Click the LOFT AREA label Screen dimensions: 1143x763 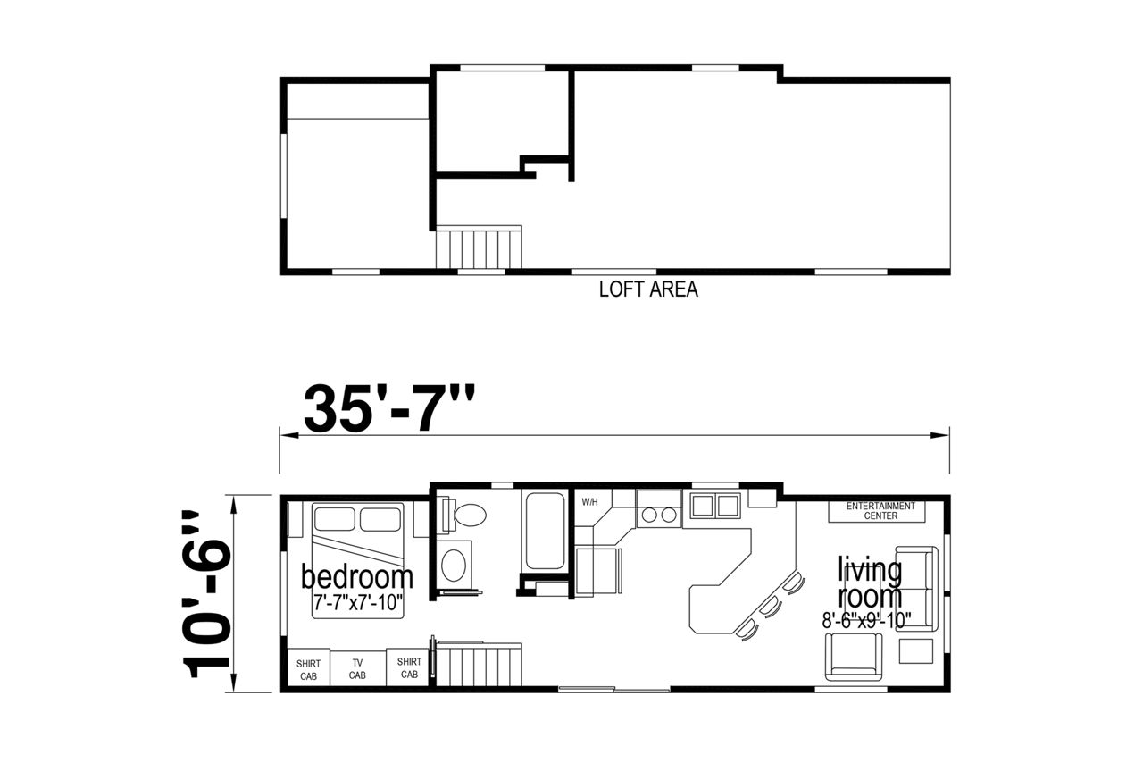tap(648, 289)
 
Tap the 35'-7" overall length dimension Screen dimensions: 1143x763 tap(388, 409)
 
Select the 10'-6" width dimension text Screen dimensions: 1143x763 tap(206, 593)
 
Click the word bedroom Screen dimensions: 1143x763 tap(356, 577)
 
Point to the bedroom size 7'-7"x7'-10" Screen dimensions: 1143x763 tap(358, 603)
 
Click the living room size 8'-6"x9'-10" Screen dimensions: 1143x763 tap(866, 621)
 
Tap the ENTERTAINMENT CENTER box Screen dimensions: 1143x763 tap(877, 511)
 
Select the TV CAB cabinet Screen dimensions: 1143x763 tap(357, 668)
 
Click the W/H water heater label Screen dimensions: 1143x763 tap(589, 502)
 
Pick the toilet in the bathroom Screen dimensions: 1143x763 tap(463, 516)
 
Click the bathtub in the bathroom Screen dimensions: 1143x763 tap(545, 531)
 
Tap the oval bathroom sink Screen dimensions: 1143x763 tap(453, 566)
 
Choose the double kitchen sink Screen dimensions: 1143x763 tap(715, 506)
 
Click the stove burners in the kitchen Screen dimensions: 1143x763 tap(659, 515)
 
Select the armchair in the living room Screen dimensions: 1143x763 tap(853, 657)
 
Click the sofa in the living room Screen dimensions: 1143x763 tap(917, 589)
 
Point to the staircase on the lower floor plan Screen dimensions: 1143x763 tap(479, 664)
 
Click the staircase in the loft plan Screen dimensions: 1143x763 tap(479, 247)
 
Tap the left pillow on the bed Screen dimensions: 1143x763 tap(335, 519)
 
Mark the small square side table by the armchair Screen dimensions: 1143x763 tap(916, 651)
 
